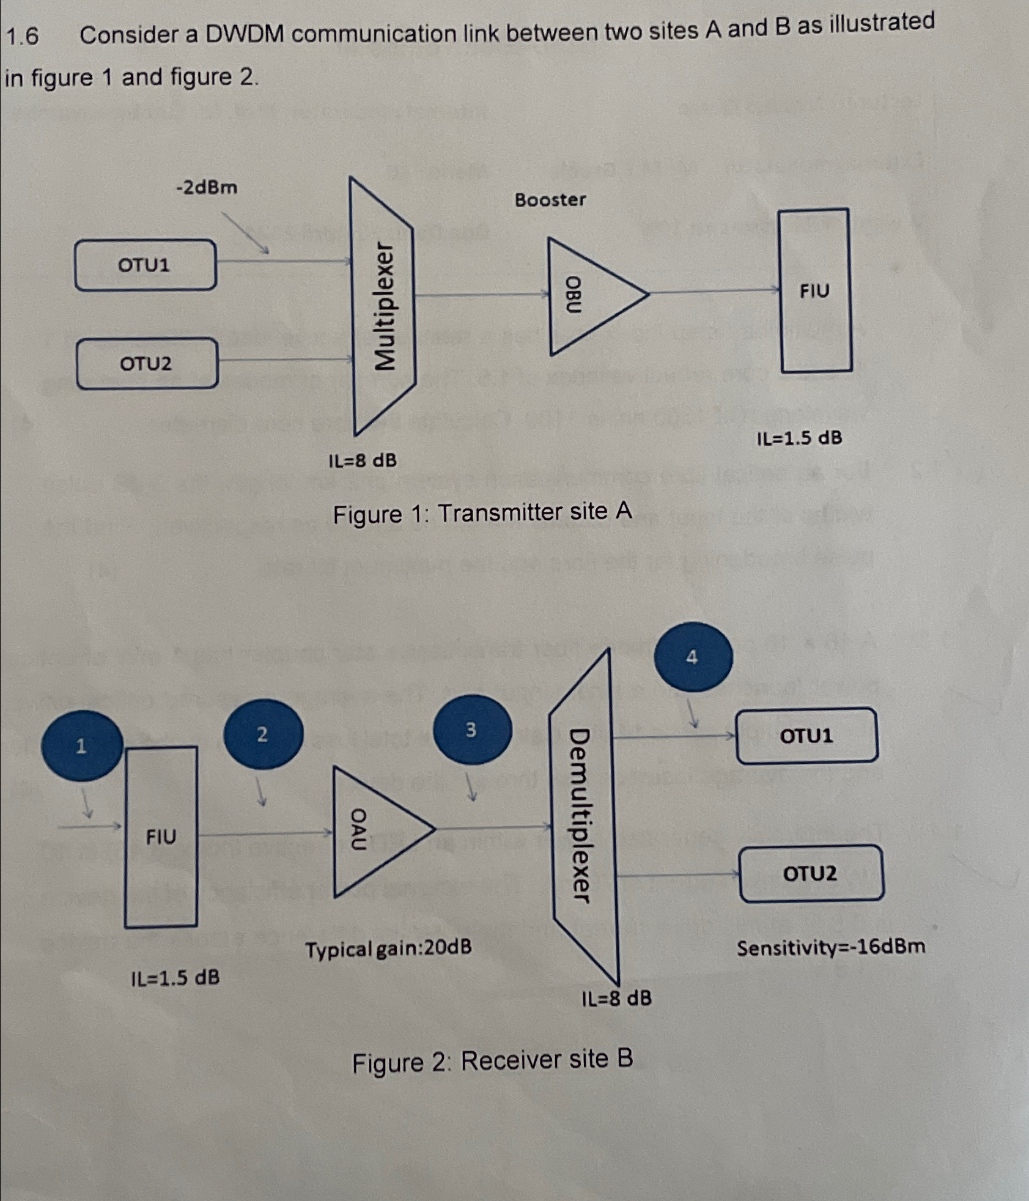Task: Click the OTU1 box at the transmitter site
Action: pos(145,265)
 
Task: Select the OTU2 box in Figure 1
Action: pos(147,364)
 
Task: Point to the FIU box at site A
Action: pos(815,290)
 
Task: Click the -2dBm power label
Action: pos(207,187)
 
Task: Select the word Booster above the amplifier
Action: pos(550,200)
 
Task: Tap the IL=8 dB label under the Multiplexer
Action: pos(363,460)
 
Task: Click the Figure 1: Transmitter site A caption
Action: pos(482,512)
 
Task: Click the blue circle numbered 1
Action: pos(81,745)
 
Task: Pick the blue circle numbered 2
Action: pos(263,734)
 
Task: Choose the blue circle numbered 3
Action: pos(471,730)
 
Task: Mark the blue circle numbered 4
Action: pos(692,657)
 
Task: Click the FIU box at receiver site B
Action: pos(161,837)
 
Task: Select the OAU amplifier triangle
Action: pos(373,830)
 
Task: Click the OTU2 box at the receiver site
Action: pos(811,873)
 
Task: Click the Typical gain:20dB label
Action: pos(388,949)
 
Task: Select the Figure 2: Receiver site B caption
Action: pos(492,1061)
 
